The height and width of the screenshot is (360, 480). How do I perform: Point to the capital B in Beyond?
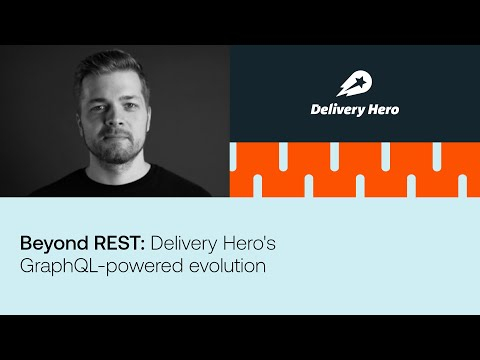(27, 243)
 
